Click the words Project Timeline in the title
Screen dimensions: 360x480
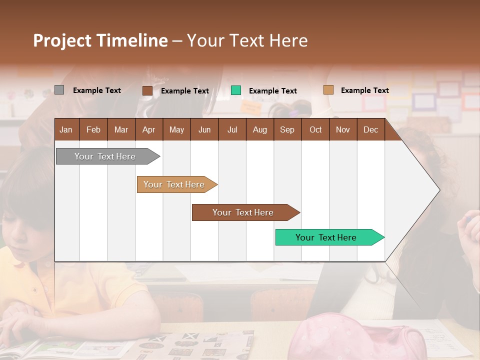100,40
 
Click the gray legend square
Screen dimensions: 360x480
59,90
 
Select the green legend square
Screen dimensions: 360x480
236,90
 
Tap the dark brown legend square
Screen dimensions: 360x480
147,90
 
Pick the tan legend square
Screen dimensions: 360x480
328,90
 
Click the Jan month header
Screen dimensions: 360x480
66,129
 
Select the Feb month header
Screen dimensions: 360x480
93,129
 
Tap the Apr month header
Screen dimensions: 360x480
148,129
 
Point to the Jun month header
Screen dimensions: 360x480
204,129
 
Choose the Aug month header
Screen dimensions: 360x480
259,129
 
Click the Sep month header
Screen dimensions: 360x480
287,129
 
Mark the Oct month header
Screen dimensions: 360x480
315,129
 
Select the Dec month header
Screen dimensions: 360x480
370,129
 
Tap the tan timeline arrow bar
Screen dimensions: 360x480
175,184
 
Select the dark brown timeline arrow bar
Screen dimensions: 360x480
243,212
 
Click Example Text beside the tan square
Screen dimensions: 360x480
364,90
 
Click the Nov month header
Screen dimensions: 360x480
342,129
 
